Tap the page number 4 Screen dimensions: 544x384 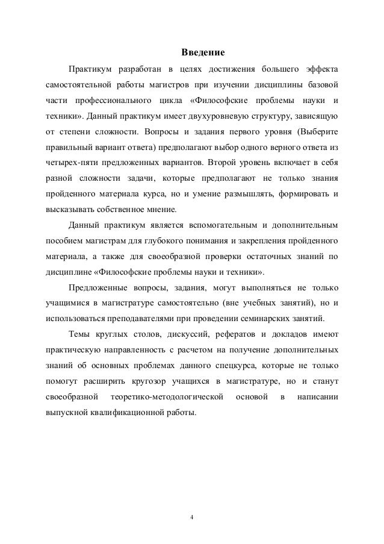pyautogui.click(x=191, y=516)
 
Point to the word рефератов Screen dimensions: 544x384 pyautogui.click(x=223, y=334)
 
